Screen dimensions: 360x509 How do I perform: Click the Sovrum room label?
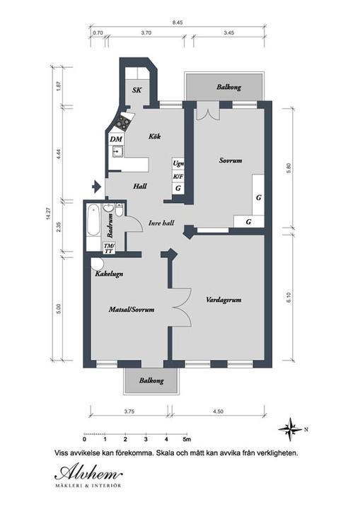tap(231, 160)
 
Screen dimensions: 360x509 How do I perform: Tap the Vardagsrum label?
tap(223, 299)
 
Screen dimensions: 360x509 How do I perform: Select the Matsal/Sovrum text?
tap(132, 310)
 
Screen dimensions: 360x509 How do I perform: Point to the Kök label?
tap(155, 136)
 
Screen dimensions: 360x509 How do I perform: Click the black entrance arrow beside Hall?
tap(96, 187)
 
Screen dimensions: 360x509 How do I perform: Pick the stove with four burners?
tap(124, 122)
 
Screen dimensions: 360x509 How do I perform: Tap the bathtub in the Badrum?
tap(93, 220)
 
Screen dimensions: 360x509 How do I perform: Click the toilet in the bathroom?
tap(119, 210)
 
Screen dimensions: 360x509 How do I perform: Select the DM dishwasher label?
tap(116, 139)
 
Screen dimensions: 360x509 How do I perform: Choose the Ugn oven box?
tap(178, 163)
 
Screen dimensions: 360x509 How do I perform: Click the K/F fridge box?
tap(178, 176)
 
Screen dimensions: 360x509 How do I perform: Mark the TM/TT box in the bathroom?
tap(108, 249)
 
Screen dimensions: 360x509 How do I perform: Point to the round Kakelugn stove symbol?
tap(96, 264)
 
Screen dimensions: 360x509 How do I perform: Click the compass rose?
tap(290, 429)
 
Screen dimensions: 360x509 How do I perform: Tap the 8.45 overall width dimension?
tap(178, 23)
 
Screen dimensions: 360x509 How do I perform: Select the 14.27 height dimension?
tap(49, 213)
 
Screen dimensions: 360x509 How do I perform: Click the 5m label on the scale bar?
tap(187, 440)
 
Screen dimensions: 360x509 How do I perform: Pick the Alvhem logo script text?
tap(88, 472)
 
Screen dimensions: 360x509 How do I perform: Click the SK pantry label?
tap(137, 90)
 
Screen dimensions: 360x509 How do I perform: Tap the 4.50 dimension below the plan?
tap(218, 411)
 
